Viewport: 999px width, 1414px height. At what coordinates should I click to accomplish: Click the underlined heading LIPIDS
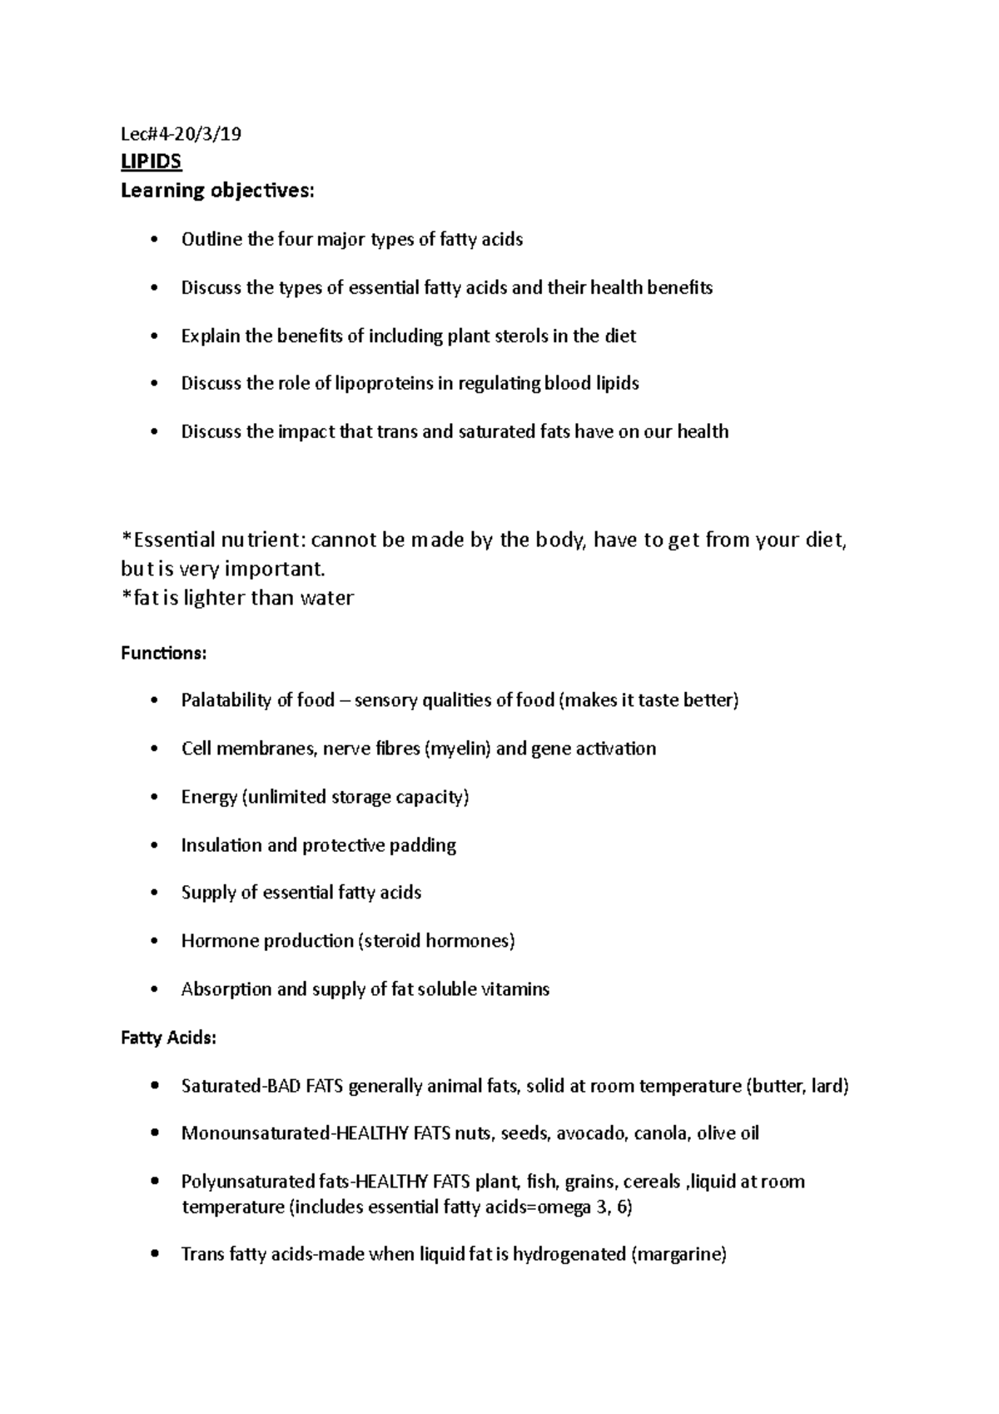[x=151, y=162]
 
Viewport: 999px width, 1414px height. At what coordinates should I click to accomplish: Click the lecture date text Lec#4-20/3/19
[x=181, y=134]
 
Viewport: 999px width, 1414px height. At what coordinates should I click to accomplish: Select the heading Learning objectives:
[x=218, y=191]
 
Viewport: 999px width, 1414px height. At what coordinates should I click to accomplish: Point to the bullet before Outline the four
[x=152, y=240]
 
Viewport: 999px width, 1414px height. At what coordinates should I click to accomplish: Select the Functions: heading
[x=163, y=653]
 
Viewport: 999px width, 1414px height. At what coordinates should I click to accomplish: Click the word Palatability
[x=225, y=700]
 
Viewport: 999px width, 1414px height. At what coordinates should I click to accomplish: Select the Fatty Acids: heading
[x=168, y=1038]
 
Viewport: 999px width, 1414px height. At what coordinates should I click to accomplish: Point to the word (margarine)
[x=679, y=1254]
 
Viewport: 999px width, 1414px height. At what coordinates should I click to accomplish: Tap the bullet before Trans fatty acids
[x=152, y=1254]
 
